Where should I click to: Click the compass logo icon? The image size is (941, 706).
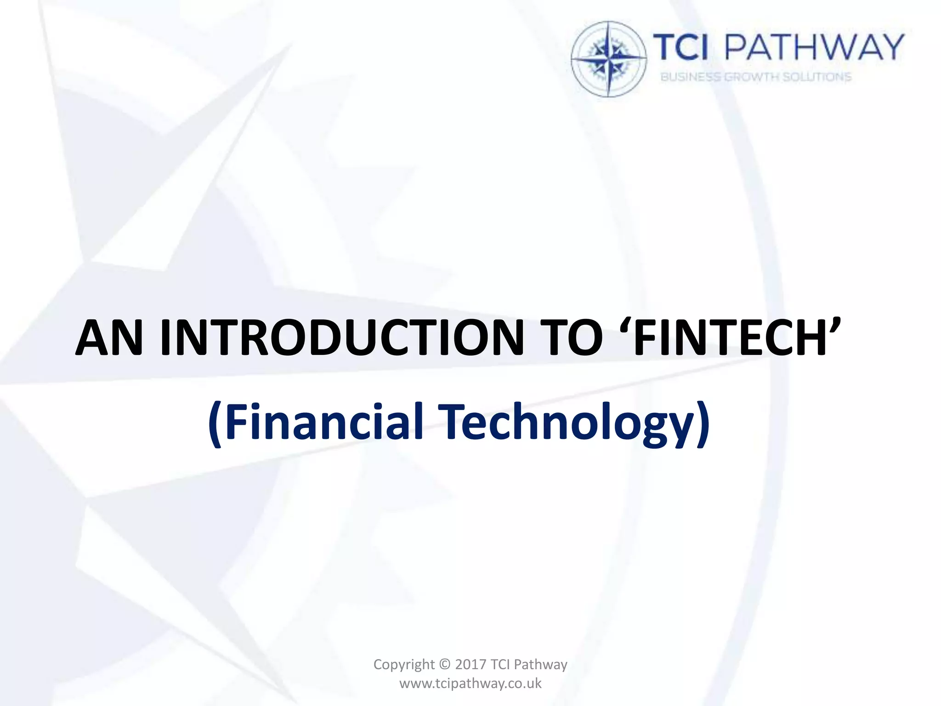609,59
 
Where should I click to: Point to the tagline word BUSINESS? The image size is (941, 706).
691,77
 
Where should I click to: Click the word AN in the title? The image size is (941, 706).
109,338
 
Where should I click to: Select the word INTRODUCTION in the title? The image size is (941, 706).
342,338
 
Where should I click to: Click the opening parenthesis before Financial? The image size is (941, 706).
215,423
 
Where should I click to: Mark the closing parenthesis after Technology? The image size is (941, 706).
703,423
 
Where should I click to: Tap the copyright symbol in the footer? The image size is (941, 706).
445,665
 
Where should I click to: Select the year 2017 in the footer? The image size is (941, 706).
470,665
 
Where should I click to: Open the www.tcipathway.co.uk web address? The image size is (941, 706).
470,683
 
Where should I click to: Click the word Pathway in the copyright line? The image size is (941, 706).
540,665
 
